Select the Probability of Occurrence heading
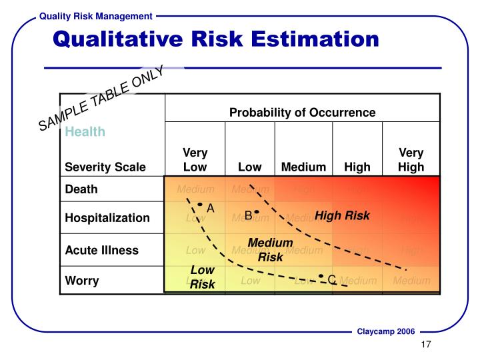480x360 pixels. pyautogui.click(x=302, y=112)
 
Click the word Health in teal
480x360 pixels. pyautogui.click(x=85, y=132)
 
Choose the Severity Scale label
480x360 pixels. pyautogui.click(x=105, y=167)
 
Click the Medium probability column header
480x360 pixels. pyautogui.click(x=303, y=167)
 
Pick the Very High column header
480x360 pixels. pyautogui.click(x=411, y=160)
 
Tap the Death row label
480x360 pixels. pyautogui.click(x=81, y=189)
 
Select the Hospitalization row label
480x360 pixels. pyautogui.click(x=107, y=218)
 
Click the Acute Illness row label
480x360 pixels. pyautogui.click(x=101, y=251)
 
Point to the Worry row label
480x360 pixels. pyautogui.click(x=81, y=280)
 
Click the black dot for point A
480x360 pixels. pyautogui.click(x=199, y=205)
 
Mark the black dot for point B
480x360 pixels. pyautogui.click(x=256, y=211)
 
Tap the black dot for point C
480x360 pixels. pyautogui.click(x=321, y=276)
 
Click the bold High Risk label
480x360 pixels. pyautogui.click(x=342, y=215)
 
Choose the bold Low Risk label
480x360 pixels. pyautogui.click(x=202, y=277)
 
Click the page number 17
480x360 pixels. pyautogui.click(x=427, y=345)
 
